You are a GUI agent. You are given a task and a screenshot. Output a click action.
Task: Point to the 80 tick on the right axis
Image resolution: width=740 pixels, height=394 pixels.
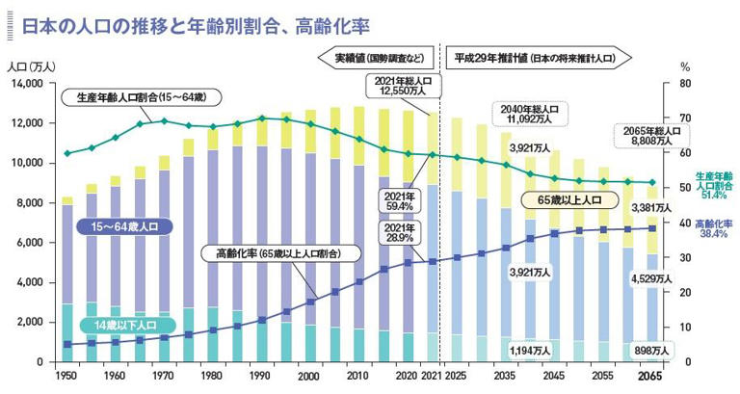[x=685, y=84]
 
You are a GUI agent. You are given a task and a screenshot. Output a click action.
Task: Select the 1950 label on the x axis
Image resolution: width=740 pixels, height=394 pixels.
[x=66, y=376]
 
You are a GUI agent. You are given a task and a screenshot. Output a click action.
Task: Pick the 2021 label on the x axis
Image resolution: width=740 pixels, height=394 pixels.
[x=431, y=376]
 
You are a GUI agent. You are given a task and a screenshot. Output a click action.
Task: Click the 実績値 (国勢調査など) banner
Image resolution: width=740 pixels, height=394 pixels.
[x=377, y=58]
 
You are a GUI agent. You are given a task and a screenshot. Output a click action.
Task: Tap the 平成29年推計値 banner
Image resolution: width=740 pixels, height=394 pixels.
[x=536, y=58]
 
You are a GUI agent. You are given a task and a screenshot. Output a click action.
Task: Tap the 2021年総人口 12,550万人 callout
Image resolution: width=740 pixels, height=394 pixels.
[x=400, y=87]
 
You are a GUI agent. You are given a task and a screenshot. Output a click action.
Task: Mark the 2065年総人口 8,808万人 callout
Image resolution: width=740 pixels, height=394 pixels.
[x=652, y=135]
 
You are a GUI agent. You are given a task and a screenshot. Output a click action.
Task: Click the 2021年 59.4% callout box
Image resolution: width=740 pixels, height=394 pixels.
[x=399, y=201]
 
